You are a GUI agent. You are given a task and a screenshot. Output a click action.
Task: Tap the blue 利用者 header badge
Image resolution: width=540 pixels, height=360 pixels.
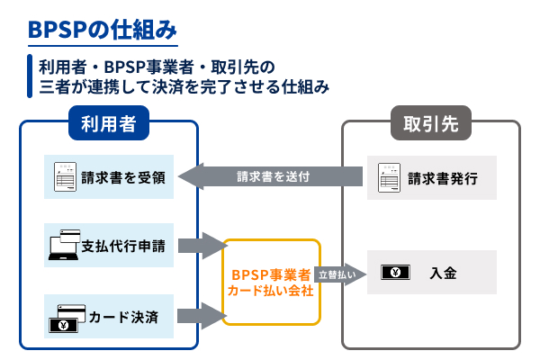click(107, 124)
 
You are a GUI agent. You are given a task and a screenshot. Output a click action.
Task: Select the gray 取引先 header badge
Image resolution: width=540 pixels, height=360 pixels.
click(430, 124)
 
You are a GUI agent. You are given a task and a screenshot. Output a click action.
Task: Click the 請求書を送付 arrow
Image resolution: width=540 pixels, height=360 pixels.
click(270, 176)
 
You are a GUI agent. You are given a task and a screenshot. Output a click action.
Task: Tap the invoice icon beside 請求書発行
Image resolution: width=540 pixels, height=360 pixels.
click(388, 176)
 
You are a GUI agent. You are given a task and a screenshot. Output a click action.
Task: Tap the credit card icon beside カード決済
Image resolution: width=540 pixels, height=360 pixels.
click(65, 315)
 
